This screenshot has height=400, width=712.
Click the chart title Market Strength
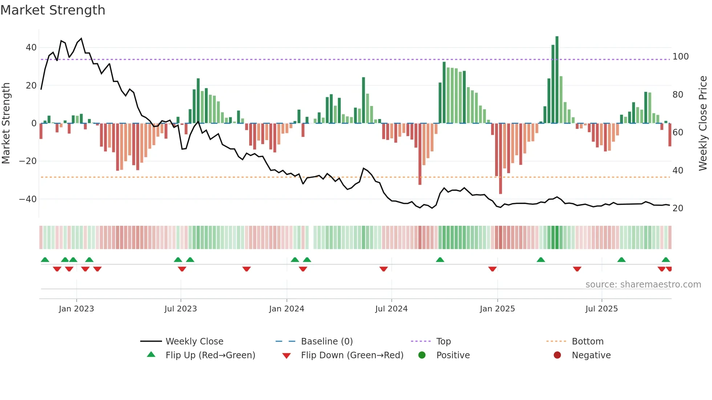[x=53, y=10]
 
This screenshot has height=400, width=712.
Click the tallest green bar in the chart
[x=557, y=80]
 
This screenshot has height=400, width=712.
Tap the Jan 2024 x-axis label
[x=287, y=309]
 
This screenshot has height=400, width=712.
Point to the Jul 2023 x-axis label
[x=181, y=309]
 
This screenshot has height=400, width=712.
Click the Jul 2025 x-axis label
[x=602, y=309]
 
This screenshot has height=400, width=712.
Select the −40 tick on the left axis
[x=28, y=199]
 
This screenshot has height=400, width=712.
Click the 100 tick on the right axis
[x=680, y=57]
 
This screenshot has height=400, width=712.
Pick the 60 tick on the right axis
[x=678, y=132]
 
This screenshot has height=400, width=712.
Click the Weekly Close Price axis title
[x=703, y=123]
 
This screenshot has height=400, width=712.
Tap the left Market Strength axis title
[x=6, y=123]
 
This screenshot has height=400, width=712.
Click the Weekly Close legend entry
[x=194, y=342]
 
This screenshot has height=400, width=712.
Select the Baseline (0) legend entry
[x=327, y=342]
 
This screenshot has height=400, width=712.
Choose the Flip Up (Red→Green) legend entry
[x=210, y=355]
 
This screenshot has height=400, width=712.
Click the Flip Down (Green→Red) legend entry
[x=352, y=355]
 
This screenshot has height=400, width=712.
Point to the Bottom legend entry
[x=587, y=342]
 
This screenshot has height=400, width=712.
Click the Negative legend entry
[x=591, y=355]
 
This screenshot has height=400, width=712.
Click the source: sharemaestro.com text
[x=643, y=285]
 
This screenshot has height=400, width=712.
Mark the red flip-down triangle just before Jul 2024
[x=384, y=269]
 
